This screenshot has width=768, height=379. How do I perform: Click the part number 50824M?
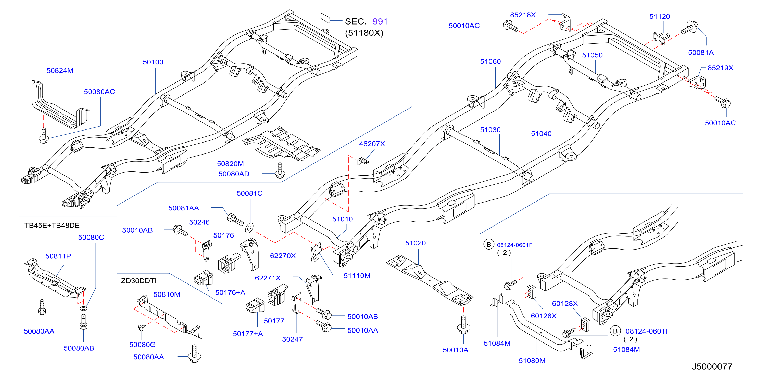click(60, 70)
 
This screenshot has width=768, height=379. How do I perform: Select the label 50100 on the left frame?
click(153, 62)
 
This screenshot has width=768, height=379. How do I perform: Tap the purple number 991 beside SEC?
click(380, 21)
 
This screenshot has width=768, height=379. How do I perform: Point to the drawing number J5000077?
click(712, 366)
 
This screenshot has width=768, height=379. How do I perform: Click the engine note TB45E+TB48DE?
click(52, 225)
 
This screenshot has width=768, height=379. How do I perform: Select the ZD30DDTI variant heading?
click(139, 281)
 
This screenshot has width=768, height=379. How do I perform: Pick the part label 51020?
click(415, 243)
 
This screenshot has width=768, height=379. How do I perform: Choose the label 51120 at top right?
click(660, 16)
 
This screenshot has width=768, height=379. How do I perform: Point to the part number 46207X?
click(372, 144)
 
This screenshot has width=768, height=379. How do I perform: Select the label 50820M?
click(230, 164)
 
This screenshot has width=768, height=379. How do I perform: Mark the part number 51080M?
click(532, 361)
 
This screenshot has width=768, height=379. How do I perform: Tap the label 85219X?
click(720, 68)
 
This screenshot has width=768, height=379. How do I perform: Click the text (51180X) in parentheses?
click(364, 33)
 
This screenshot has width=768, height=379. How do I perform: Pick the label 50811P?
click(58, 256)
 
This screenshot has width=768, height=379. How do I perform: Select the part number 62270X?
click(283, 256)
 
